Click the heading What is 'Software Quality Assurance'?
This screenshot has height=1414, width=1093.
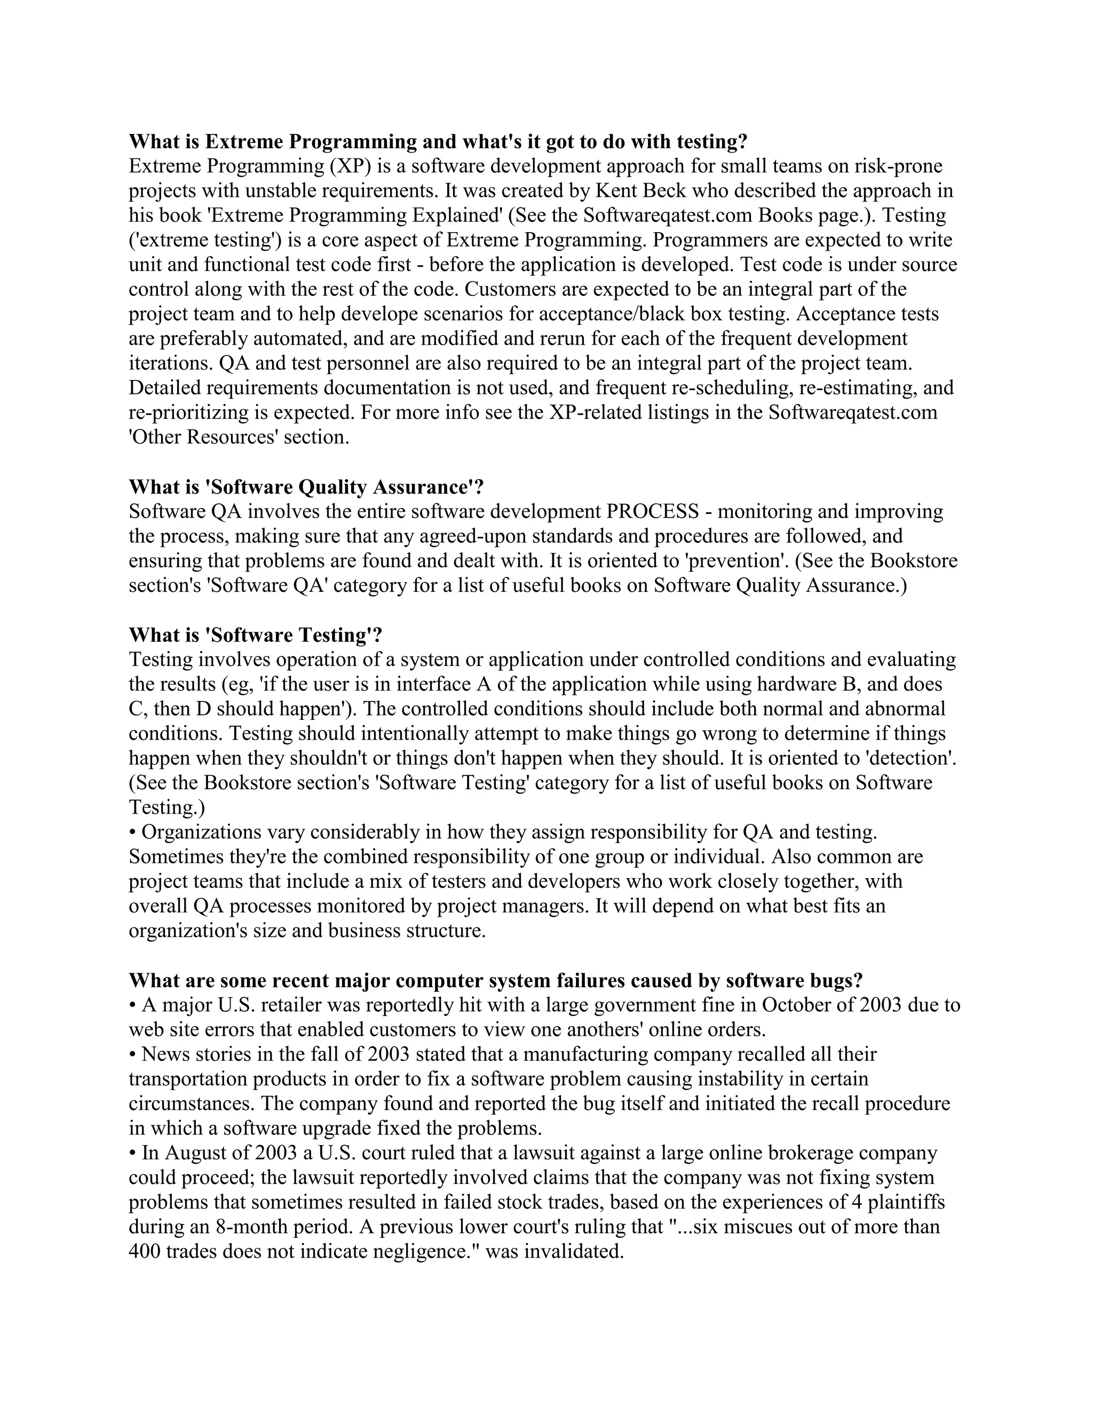306,486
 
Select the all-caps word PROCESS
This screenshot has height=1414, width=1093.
652,512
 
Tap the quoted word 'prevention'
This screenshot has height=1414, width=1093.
736,561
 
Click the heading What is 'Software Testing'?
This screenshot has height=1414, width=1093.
255,634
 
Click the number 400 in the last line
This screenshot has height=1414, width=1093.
145,1251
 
